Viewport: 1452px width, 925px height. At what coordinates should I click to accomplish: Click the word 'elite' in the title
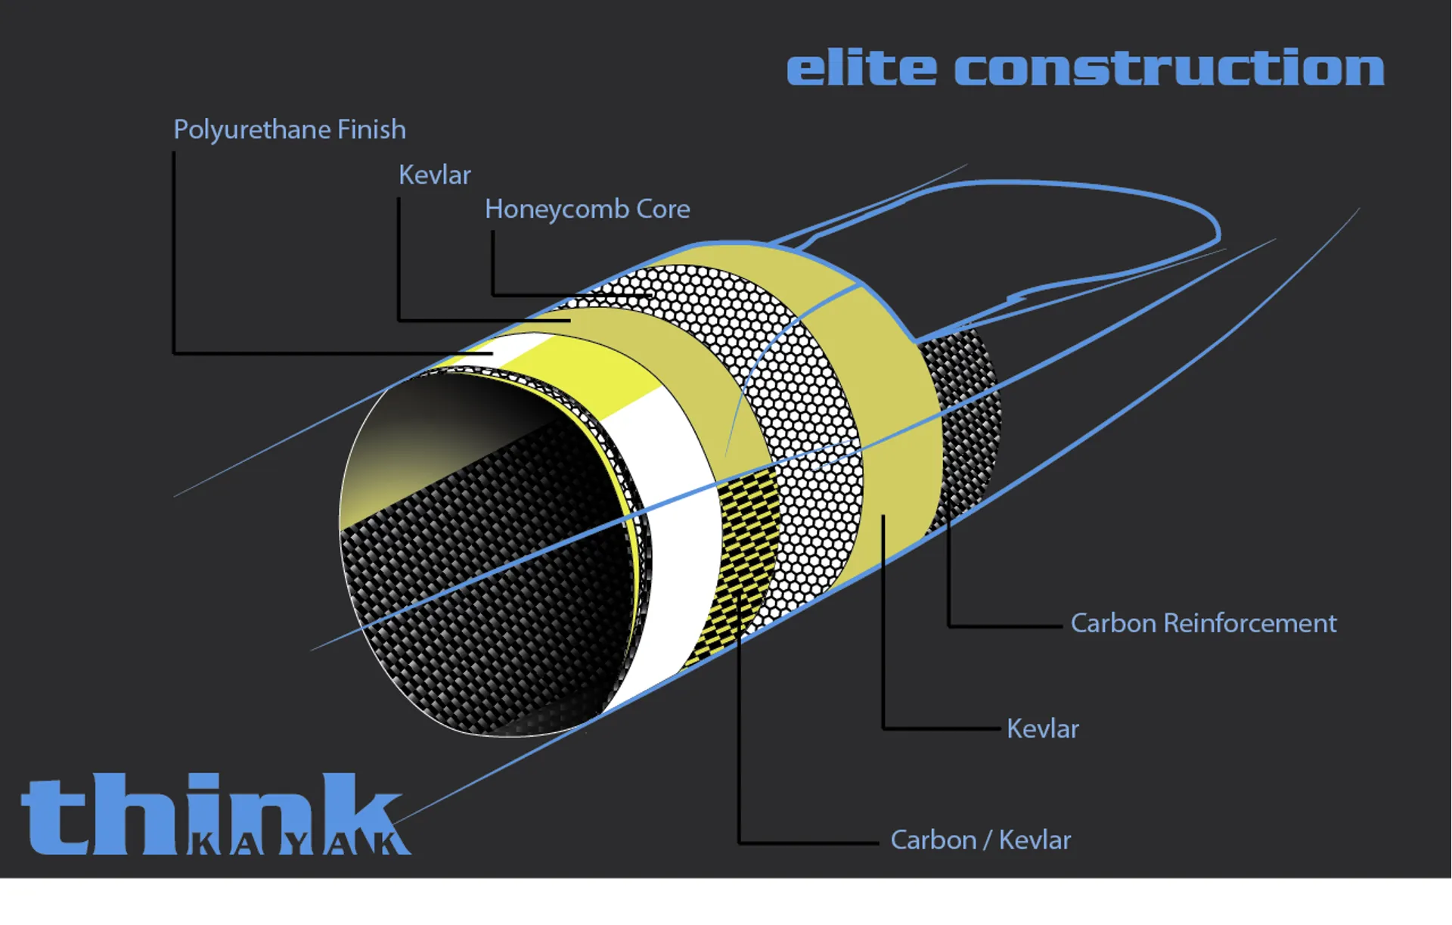[861, 67]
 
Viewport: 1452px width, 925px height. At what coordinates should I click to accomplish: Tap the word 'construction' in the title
[1169, 67]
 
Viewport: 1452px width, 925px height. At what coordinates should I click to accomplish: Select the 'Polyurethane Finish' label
[290, 130]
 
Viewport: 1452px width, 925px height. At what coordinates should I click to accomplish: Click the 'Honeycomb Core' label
[588, 210]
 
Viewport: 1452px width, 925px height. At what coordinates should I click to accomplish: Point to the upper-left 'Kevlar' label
[435, 175]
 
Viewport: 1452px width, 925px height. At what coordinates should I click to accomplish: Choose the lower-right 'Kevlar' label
[1043, 728]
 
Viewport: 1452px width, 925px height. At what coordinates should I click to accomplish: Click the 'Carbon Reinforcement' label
[1204, 623]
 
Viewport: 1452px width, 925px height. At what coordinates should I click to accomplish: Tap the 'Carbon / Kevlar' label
[981, 840]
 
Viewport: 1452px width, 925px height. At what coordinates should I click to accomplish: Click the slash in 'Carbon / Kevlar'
[988, 840]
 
